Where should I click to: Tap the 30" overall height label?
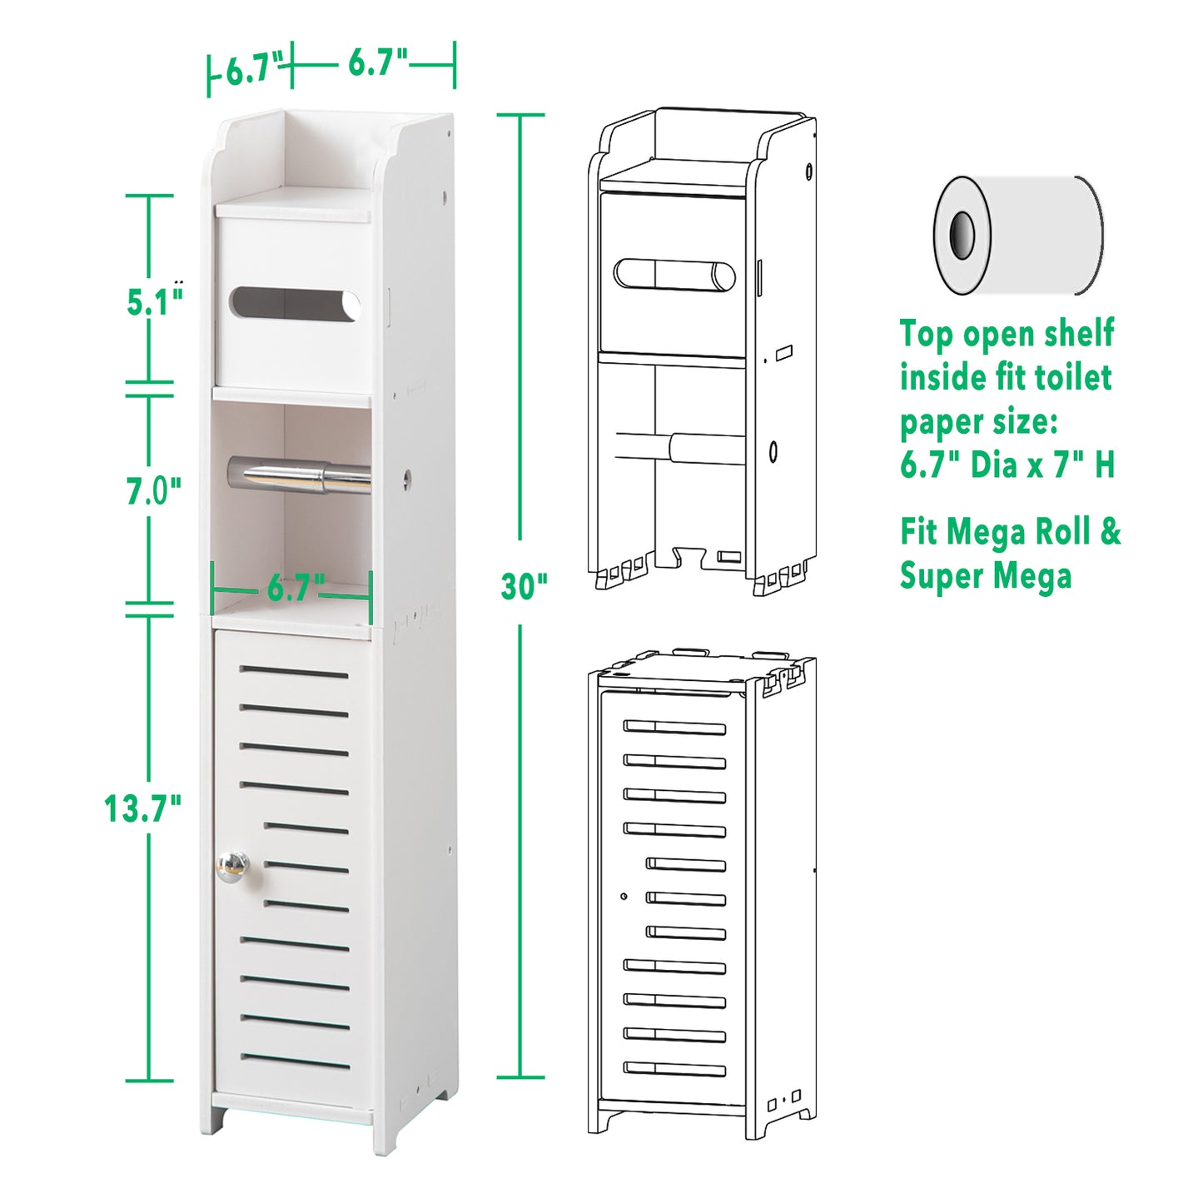tap(524, 587)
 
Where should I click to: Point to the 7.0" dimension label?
tap(153, 490)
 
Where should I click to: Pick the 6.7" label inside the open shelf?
tap(296, 588)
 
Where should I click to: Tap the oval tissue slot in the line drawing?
tap(674, 276)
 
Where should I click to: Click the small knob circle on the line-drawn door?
tap(624, 897)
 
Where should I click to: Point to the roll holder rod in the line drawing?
tap(681, 448)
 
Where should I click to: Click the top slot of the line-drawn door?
tap(674, 727)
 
